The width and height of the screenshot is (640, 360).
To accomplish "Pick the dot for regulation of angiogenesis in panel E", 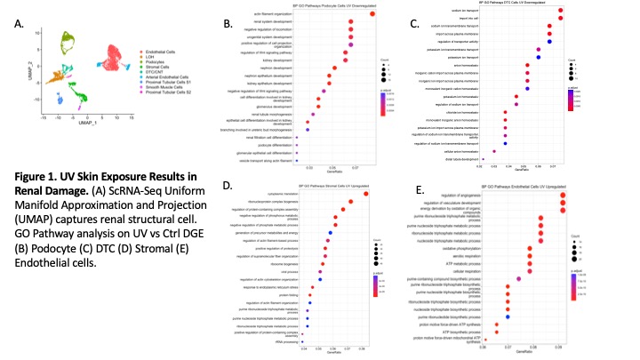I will click(x=562, y=199).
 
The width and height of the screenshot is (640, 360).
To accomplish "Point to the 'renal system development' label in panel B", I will click(x=275, y=21).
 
